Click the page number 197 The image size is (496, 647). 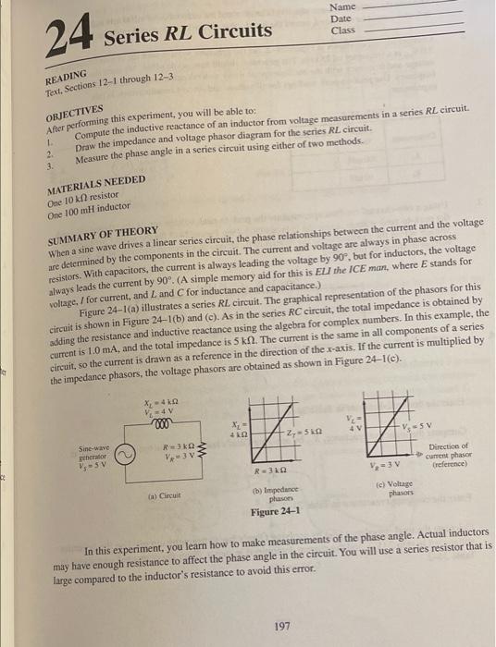[282, 625]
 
